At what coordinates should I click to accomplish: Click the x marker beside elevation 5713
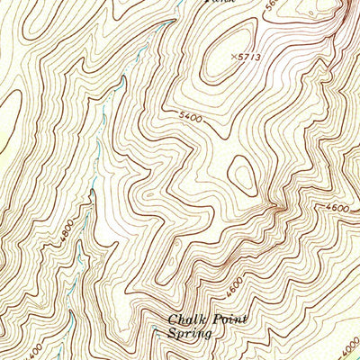[x=232, y=56]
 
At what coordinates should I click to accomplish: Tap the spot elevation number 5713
[x=248, y=58]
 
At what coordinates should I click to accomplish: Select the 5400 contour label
[x=191, y=117]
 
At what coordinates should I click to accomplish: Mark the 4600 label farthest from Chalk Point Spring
[x=337, y=208]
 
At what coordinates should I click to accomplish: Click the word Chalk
[x=185, y=319]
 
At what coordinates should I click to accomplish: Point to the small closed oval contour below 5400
[x=241, y=172]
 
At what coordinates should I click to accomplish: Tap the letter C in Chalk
[x=173, y=319]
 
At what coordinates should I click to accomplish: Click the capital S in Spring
[x=173, y=333]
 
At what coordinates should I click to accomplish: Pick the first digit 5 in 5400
[x=182, y=115]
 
